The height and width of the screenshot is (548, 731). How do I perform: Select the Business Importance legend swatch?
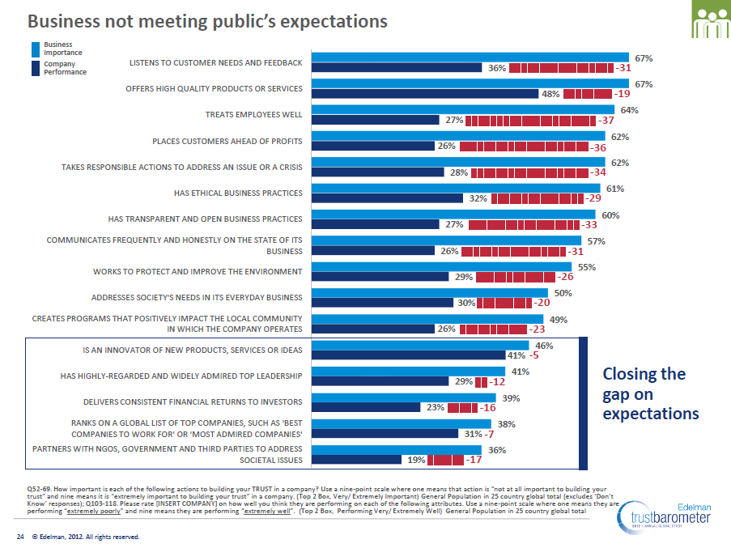[35, 49]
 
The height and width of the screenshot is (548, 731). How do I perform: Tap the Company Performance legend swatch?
[35, 67]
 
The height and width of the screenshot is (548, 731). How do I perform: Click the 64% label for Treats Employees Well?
[629, 110]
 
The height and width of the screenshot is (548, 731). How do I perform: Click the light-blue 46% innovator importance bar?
[420, 346]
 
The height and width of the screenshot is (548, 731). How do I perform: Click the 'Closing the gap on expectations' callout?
[651, 393]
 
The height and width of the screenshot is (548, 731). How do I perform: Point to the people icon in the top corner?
[710, 19]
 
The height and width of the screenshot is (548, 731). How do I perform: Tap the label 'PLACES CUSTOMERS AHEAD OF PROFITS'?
[227, 141]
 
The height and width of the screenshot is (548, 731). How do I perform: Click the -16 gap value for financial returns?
[487, 407]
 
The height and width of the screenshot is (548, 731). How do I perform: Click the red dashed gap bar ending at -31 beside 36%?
[561, 68]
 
